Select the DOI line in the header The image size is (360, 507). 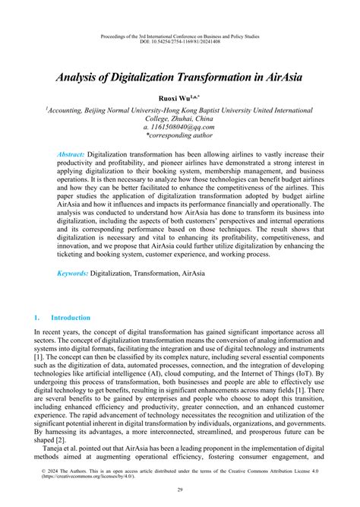click(180, 43)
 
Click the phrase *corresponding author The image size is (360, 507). click(180, 137)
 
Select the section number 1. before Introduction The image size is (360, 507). click(37, 317)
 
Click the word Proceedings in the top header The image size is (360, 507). click(115, 35)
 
